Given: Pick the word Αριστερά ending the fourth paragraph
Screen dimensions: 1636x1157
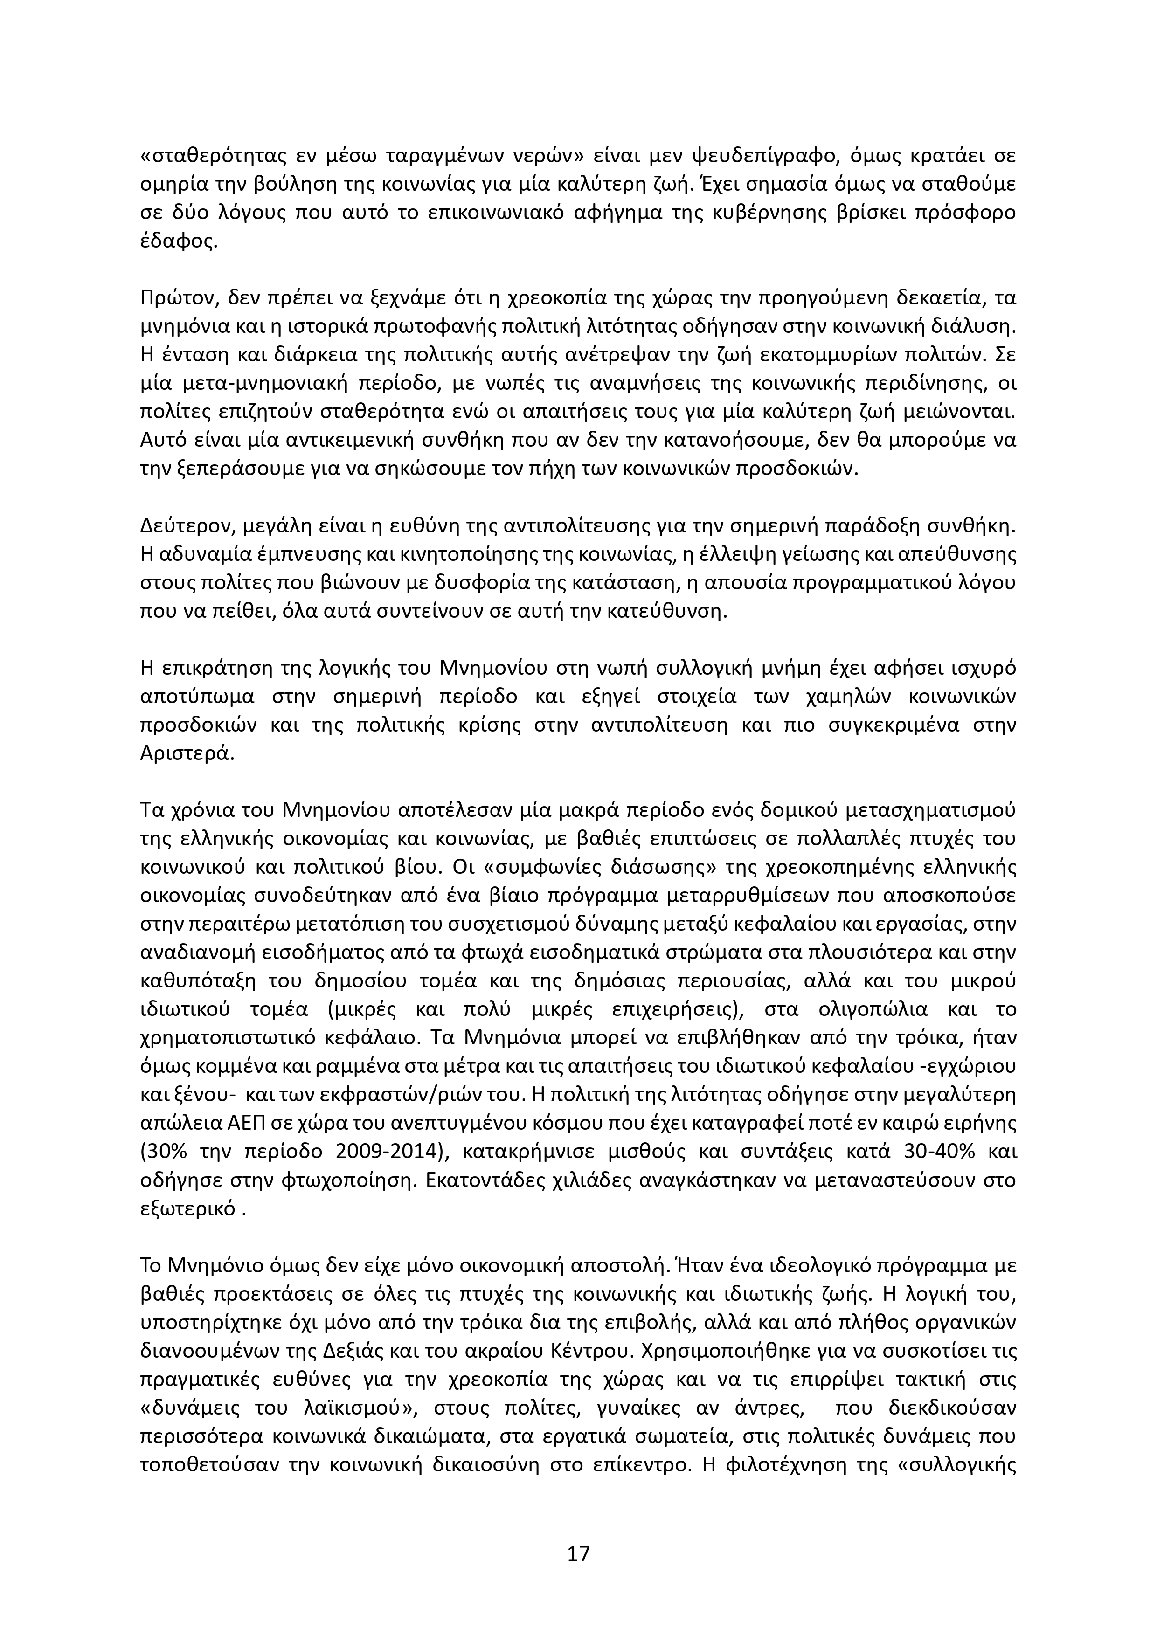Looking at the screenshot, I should (x=187, y=754).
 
